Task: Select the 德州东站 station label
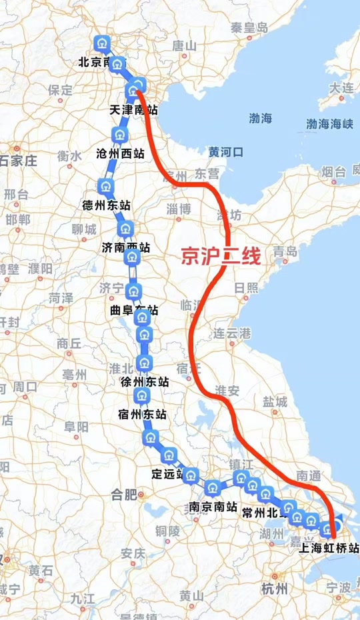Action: point(106,205)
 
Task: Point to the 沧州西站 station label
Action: point(120,153)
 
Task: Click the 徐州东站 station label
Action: point(145,382)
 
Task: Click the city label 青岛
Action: point(285,252)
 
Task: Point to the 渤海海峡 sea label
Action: point(329,124)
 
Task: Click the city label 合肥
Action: point(123,494)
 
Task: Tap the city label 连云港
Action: point(230,333)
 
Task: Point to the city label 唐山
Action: point(185,45)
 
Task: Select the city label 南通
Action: point(310,475)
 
